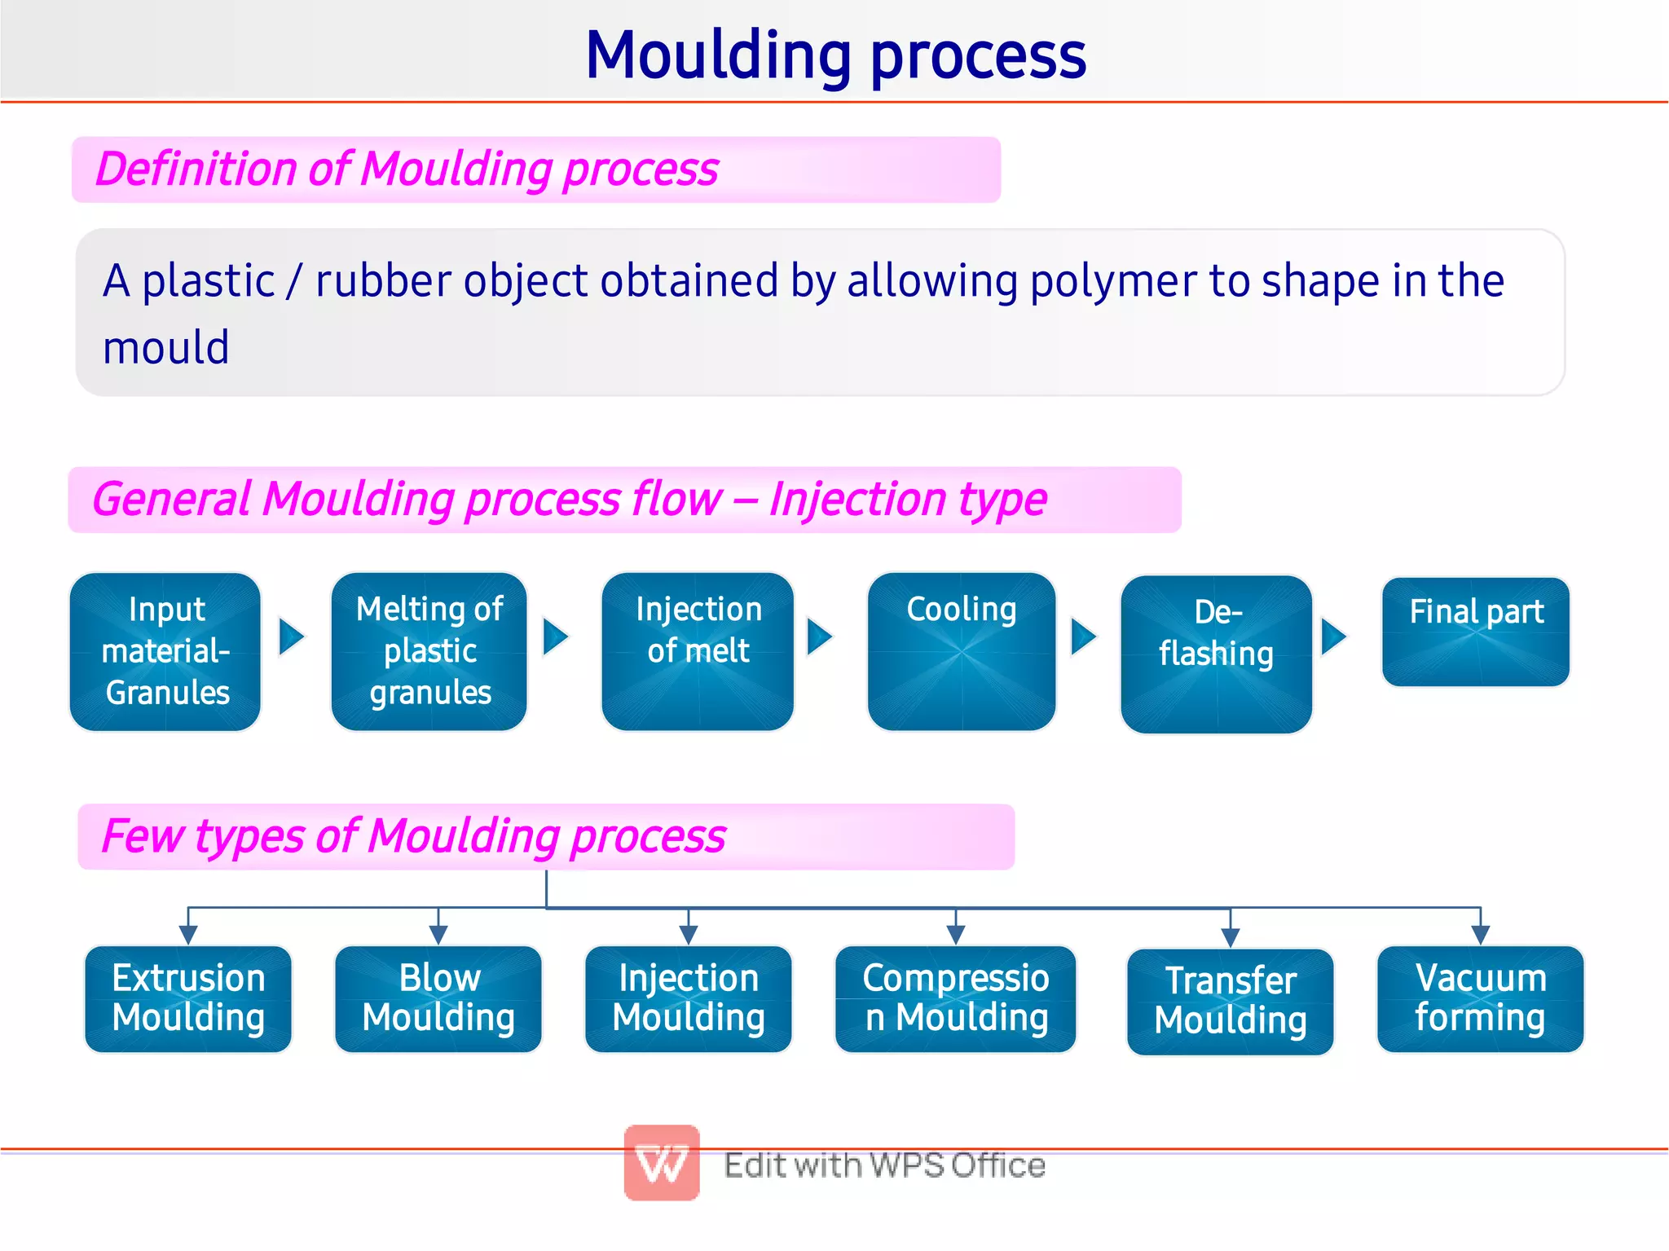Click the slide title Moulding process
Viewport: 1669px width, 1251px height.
[x=835, y=55]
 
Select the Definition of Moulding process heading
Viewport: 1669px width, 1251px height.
[x=407, y=170]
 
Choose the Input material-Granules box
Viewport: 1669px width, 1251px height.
[x=166, y=652]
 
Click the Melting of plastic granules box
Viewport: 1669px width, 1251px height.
[x=429, y=652]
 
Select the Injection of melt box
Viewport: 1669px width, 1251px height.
[x=698, y=652]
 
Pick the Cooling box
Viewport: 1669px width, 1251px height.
[x=962, y=652]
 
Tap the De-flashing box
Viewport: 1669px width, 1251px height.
[x=1216, y=654]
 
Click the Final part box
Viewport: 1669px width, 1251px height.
[x=1476, y=632]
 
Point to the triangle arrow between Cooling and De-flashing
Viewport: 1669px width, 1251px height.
[x=1083, y=637]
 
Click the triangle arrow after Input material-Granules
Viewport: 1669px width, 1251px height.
[x=291, y=637]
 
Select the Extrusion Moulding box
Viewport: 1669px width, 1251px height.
[x=188, y=999]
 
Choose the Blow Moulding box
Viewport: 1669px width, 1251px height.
[x=438, y=999]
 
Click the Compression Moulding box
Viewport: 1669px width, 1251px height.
[x=955, y=999]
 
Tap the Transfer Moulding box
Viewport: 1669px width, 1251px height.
[x=1230, y=1002]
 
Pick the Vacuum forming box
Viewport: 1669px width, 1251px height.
[x=1480, y=999]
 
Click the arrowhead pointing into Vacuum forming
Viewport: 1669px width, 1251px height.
[x=1481, y=935]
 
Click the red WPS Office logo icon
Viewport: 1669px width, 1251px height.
[x=662, y=1163]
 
